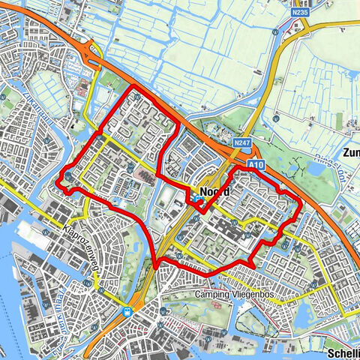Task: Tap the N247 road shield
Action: pyautogui.click(x=241, y=142)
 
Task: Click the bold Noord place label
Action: pyautogui.click(x=214, y=191)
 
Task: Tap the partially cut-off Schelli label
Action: pyautogui.click(x=343, y=352)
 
